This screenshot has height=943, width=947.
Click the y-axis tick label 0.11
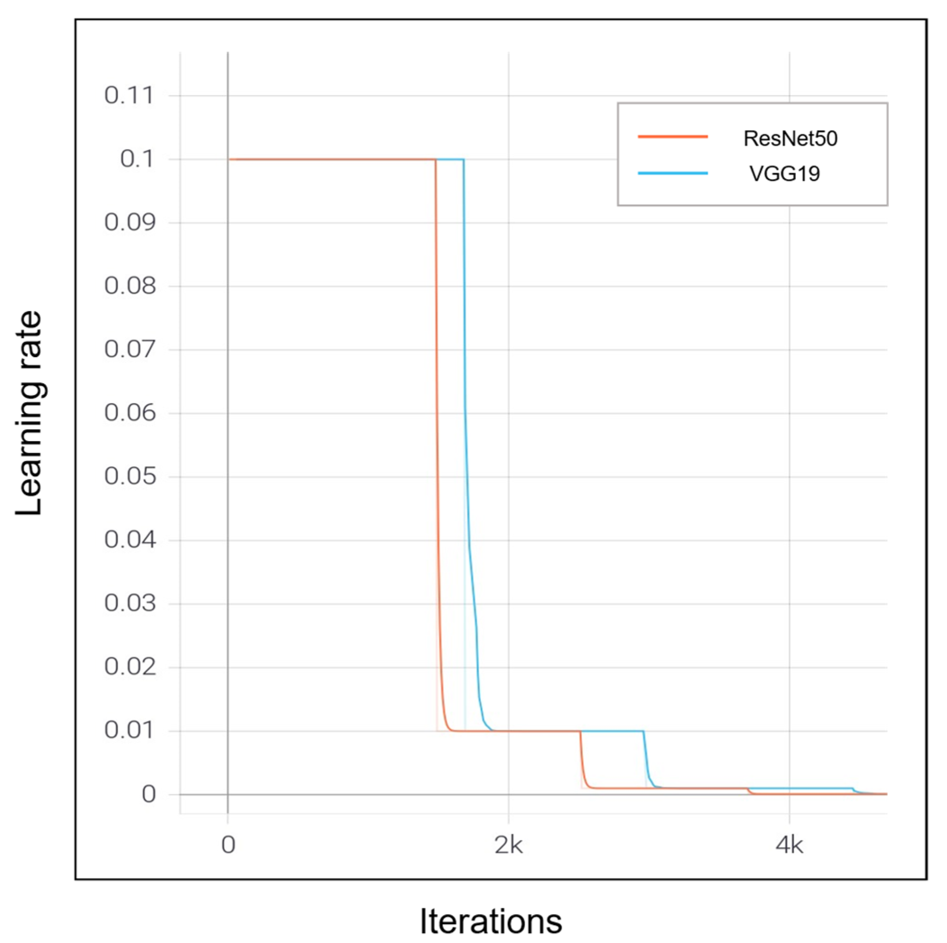(129, 95)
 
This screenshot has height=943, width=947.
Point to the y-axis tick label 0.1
(137, 159)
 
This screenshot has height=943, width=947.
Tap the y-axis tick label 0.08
(129, 285)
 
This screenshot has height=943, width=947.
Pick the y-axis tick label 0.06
(129, 413)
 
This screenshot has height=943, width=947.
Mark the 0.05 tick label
(129, 476)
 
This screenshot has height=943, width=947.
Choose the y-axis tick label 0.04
(129, 539)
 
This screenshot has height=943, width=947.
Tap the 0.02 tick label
(129, 666)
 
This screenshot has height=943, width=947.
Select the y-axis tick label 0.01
(129, 730)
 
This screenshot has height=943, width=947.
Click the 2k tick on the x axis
(508, 845)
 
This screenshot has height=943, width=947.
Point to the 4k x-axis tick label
(789, 845)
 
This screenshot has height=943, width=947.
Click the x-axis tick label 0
(228, 845)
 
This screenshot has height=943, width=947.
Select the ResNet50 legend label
(790, 139)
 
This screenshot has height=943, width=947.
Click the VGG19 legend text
(784, 174)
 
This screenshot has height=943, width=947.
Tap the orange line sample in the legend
(673, 136)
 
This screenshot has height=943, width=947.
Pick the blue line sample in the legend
(673, 173)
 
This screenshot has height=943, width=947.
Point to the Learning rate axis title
(29, 413)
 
